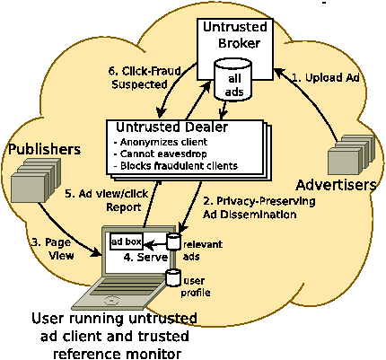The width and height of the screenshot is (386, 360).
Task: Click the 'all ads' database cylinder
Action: (233, 79)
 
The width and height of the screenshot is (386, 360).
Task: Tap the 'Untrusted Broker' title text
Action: (235, 35)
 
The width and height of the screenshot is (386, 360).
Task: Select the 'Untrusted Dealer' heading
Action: (171, 127)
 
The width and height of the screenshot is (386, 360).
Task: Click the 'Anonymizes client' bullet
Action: (161, 142)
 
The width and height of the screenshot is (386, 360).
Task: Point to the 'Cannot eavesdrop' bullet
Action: (160, 154)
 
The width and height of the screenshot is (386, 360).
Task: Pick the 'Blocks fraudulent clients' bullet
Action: (176, 166)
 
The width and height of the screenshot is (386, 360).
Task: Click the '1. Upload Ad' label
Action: (325, 78)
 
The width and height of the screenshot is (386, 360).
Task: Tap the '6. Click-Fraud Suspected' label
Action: (145, 78)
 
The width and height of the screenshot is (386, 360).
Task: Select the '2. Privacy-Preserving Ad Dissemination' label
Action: (259, 207)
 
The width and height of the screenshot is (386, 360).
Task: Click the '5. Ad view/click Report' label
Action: (107, 200)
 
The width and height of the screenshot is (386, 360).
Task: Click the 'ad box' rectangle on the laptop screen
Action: (127, 241)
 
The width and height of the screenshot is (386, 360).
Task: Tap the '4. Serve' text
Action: (145, 257)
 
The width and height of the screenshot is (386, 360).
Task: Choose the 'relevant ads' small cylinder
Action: (173, 241)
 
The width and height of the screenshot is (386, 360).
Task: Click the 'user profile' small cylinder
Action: (173, 277)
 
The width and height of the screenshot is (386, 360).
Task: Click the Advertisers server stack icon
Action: (351, 154)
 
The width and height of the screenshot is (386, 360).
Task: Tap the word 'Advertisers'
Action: (336, 185)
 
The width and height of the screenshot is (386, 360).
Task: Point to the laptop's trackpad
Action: (111, 300)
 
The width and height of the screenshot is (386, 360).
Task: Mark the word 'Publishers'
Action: (45, 149)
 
